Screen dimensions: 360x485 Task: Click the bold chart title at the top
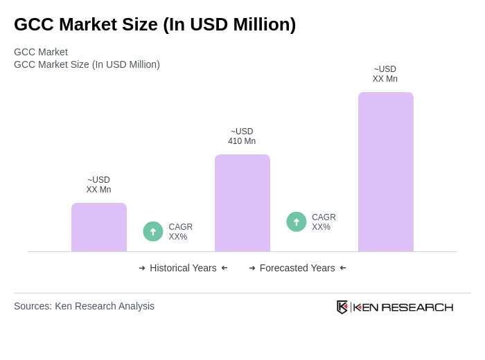click(155, 24)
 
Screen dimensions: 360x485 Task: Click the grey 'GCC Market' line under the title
click(41, 52)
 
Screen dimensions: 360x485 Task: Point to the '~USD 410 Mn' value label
click(242, 136)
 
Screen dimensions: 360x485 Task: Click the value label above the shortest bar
click(98, 185)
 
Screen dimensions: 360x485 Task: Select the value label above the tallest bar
click(385, 74)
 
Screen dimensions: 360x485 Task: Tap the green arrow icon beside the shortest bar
click(153, 231)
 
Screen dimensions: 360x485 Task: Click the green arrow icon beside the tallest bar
click(297, 222)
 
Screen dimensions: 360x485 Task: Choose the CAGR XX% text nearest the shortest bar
click(180, 232)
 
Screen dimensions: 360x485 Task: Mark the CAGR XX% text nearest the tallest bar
click(324, 222)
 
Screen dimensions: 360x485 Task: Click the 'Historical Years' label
click(183, 268)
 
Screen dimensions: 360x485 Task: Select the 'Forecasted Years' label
click(297, 268)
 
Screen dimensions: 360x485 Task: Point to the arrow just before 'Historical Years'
click(142, 268)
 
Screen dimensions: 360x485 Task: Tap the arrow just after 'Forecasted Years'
click(343, 268)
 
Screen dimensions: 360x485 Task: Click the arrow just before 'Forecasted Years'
click(252, 268)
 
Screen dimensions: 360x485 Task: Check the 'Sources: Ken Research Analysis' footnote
click(84, 306)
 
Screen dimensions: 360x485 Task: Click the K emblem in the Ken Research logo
click(342, 307)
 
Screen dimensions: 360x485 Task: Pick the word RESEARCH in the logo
click(417, 307)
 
